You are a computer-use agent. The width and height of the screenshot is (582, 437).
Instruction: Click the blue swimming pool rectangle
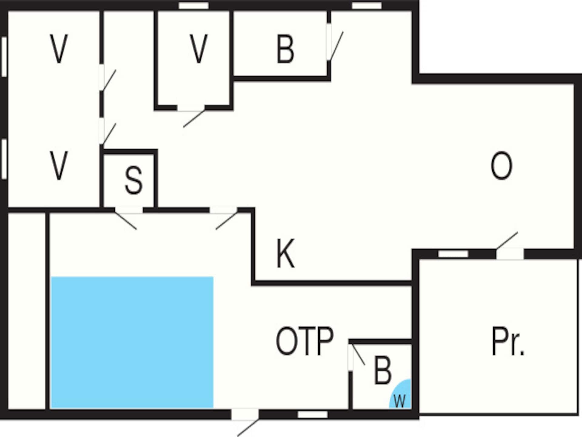click(132, 342)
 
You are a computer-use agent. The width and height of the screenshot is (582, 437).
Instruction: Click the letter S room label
click(133, 181)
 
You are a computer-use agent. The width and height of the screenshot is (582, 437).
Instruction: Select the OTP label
click(305, 341)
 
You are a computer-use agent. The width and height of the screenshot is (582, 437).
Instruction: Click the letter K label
click(285, 253)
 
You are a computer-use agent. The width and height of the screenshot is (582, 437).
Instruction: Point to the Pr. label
click(508, 341)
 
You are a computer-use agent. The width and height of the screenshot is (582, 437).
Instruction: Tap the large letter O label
click(501, 166)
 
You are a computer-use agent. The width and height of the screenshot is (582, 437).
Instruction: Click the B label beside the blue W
click(383, 370)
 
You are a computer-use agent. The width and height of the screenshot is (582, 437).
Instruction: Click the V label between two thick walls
click(199, 49)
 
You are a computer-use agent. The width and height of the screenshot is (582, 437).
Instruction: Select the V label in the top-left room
click(59, 49)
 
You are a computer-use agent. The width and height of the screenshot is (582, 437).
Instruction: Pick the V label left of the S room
click(59, 166)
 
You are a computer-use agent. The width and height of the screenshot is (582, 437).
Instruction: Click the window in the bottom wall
click(313, 414)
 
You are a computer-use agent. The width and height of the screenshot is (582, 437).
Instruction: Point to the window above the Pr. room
click(453, 254)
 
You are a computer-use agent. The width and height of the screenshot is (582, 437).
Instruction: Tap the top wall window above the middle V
click(194, 6)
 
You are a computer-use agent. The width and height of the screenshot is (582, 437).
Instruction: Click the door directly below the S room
click(129, 218)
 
